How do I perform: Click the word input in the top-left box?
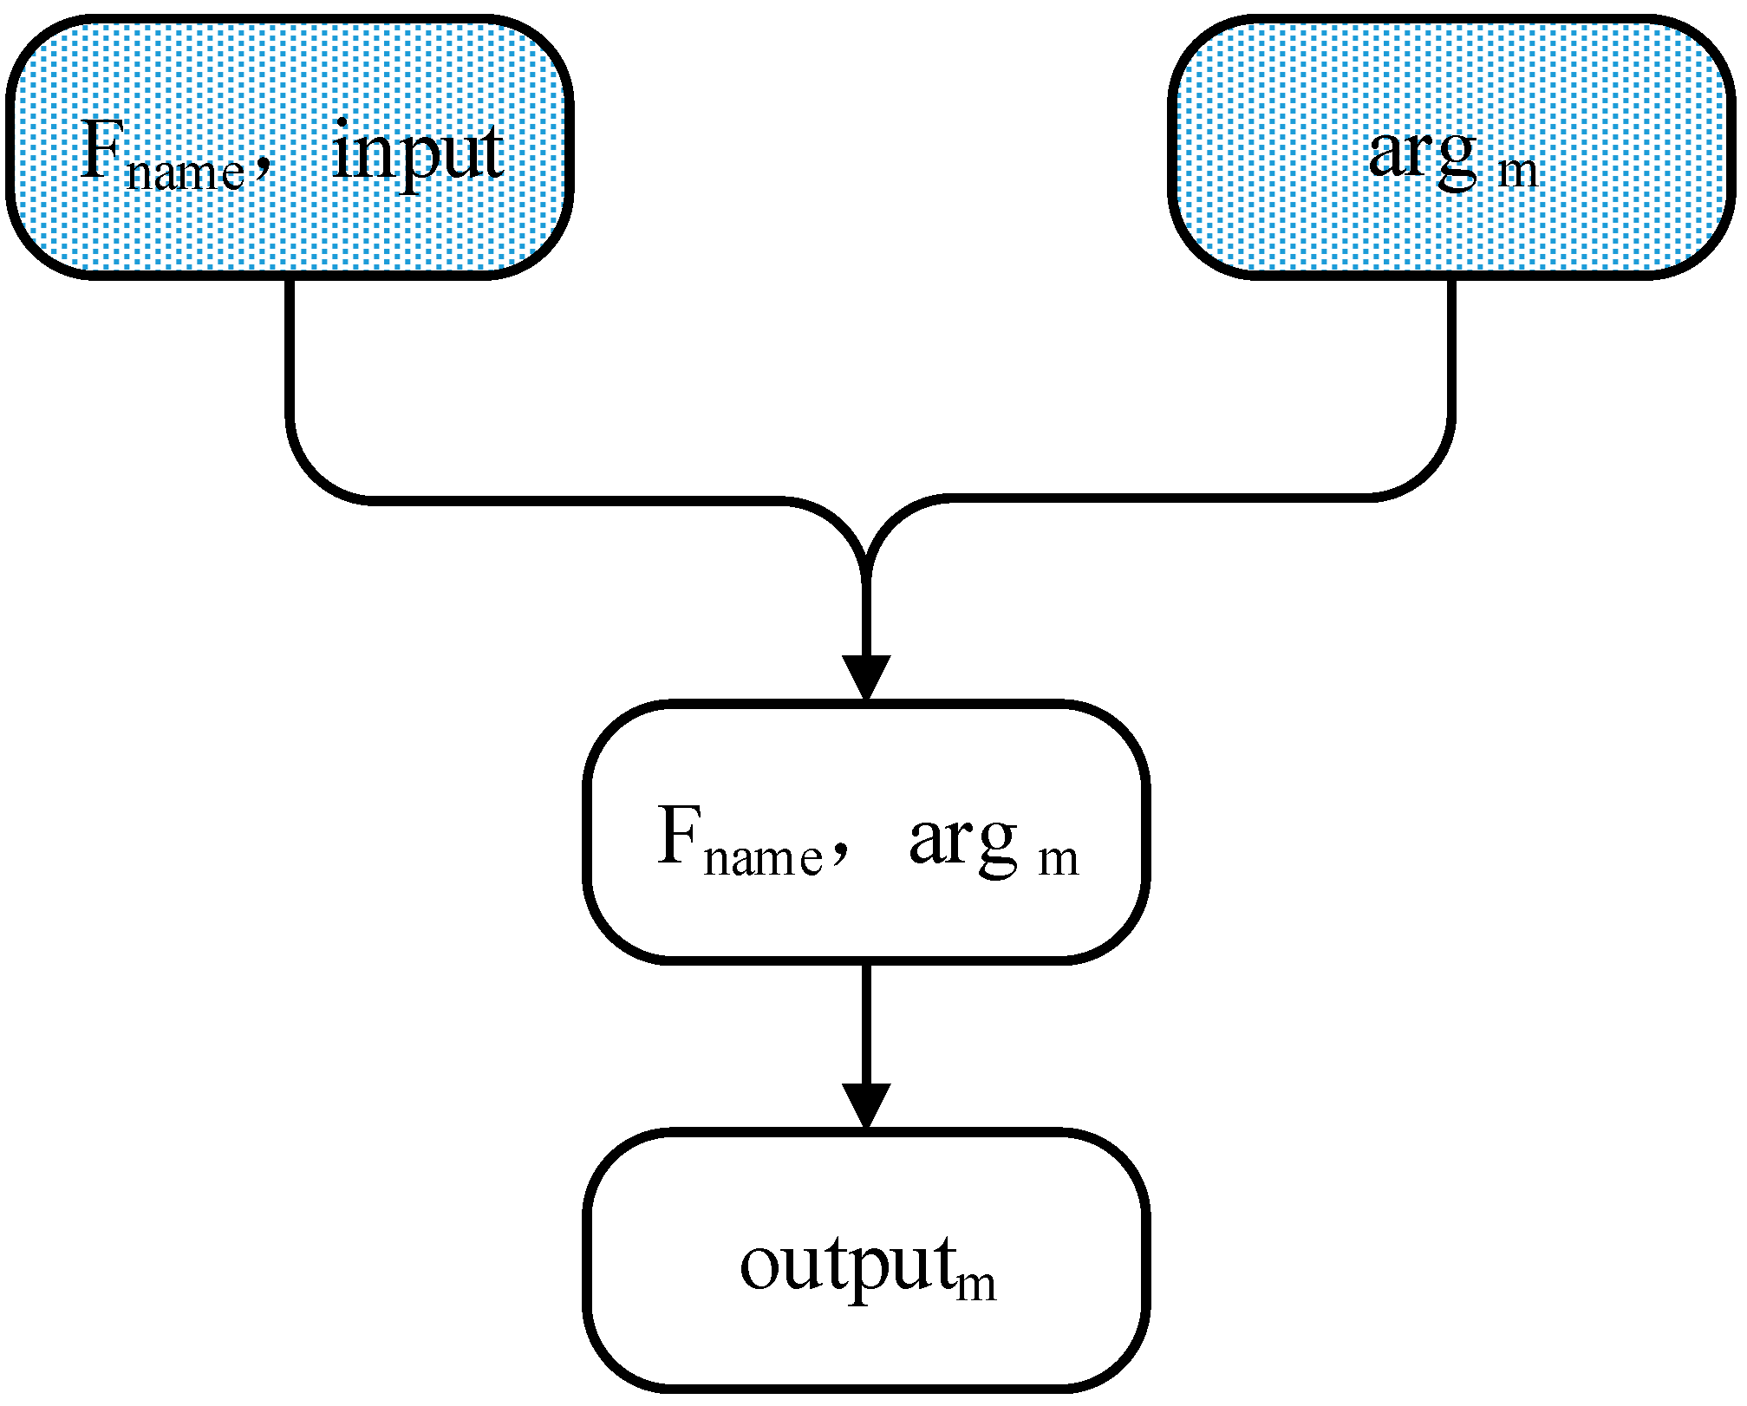pyautogui.click(x=417, y=154)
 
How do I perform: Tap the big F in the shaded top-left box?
pyautogui.click(x=101, y=152)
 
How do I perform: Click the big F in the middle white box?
pyautogui.click(x=679, y=836)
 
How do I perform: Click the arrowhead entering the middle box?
pyautogui.click(x=866, y=677)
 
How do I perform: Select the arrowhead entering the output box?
pyautogui.click(x=866, y=1104)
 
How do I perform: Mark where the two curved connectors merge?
pyautogui.click(x=866, y=572)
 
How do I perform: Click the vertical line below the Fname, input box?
pyautogui.click(x=290, y=347)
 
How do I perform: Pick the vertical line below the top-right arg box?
pyautogui.click(x=1451, y=347)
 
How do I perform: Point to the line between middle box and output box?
pyautogui.click(x=866, y=1023)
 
